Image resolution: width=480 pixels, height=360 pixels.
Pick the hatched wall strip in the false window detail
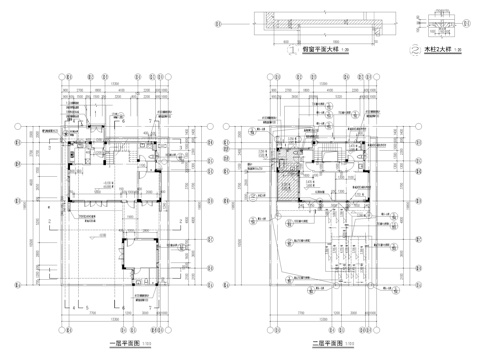320,17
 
